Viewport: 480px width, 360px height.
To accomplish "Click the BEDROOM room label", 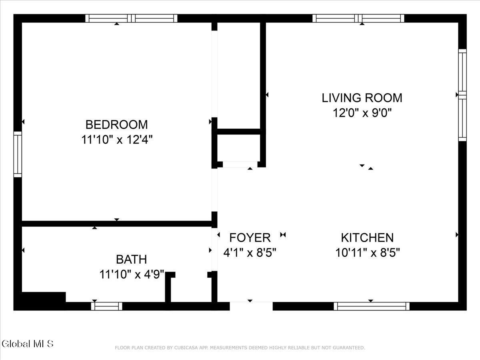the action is [x=116, y=124].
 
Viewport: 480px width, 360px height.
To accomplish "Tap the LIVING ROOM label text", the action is [x=362, y=98].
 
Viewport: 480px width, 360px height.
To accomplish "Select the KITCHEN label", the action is [x=367, y=238].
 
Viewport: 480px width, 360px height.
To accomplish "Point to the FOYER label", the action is [x=250, y=238].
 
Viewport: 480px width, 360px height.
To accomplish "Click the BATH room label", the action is [x=132, y=260].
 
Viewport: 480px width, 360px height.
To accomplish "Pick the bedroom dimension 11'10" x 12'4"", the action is [x=117, y=140].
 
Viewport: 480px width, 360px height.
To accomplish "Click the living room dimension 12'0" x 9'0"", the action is [x=362, y=113].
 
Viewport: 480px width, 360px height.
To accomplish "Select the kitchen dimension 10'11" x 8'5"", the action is [x=367, y=253].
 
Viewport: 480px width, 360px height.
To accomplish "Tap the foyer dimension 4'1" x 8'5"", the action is [x=250, y=253].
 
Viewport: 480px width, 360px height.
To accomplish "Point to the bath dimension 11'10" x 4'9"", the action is [x=132, y=274].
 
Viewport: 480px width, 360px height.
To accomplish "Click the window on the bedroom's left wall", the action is [x=18, y=154].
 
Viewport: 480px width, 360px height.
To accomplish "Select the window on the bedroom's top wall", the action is [x=131, y=18].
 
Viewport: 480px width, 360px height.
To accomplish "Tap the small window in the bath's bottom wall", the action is [x=107, y=306].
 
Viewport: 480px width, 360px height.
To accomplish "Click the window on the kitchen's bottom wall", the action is [x=372, y=306].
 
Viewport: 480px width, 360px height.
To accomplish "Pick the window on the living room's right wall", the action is [x=462, y=95].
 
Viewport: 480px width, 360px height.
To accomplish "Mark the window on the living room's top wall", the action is [x=358, y=18].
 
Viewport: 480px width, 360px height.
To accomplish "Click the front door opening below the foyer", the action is [x=251, y=306].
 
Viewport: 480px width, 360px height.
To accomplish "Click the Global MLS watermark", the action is [x=28, y=344].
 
